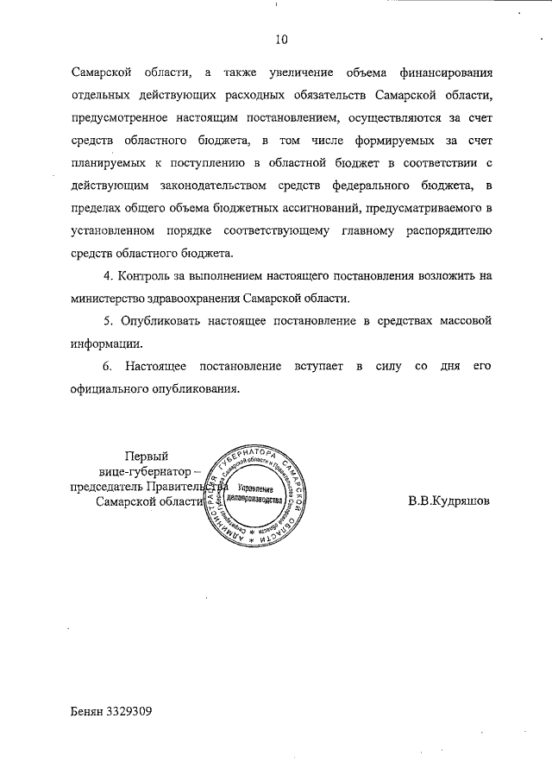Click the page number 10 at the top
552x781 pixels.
click(281, 39)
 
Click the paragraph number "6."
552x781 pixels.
click(108, 366)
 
